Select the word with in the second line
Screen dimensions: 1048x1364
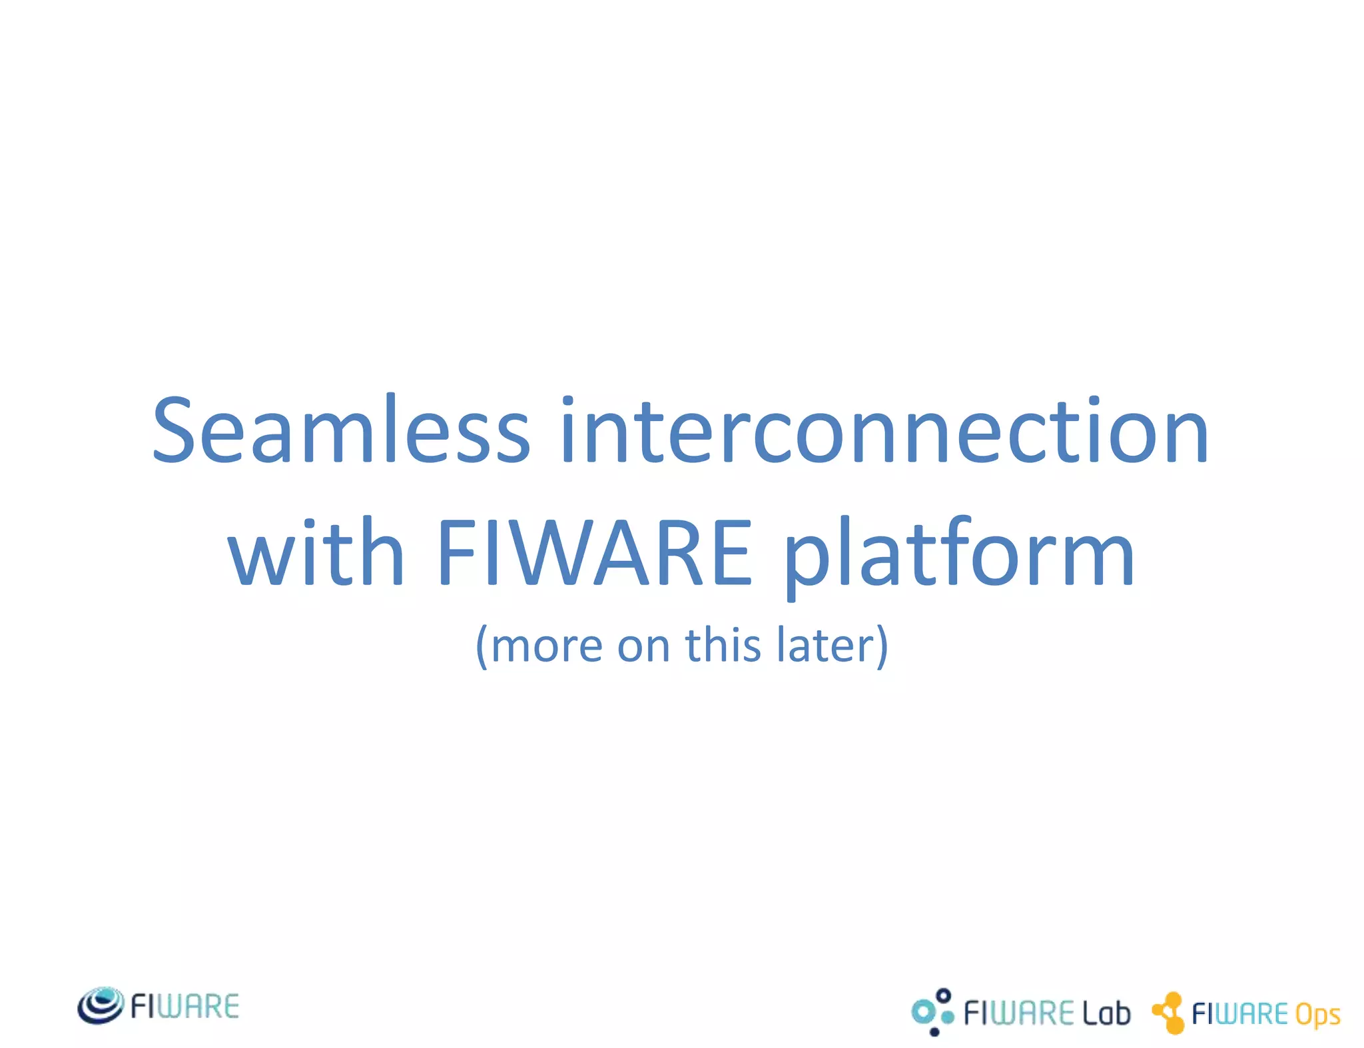(x=316, y=553)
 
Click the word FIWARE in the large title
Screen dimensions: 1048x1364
(x=595, y=553)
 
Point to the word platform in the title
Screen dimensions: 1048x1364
(x=959, y=556)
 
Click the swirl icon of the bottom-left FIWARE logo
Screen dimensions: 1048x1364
(x=101, y=1005)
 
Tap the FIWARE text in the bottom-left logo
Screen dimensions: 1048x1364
(x=184, y=1006)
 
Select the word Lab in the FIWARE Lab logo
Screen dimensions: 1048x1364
(x=1106, y=1013)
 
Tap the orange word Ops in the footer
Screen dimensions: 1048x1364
(x=1317, y=1015)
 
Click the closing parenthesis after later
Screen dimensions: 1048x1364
(x=882, y=646)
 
